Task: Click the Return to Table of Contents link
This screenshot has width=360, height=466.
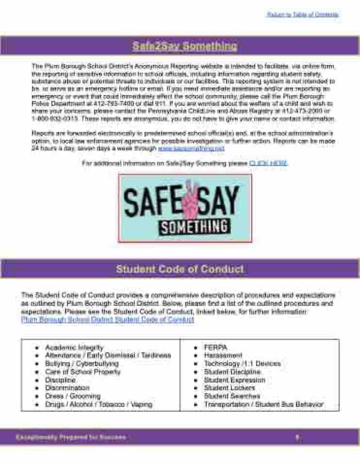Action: (x=302, y=15)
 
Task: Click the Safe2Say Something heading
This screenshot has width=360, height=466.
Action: (x=184, y=46)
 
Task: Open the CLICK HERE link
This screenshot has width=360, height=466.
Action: (x=268, y=164)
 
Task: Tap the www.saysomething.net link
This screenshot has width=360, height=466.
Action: (x=192, y=148)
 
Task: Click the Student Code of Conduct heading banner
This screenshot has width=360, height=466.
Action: (x=180, y=269)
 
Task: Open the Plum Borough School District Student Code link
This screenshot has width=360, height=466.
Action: (x=108, y=319)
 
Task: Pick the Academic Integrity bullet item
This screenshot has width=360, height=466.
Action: (x=74, y=348)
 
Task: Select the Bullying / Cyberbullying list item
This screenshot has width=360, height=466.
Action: (x=82, y=364)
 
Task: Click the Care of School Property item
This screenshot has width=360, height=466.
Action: (x=82, y=372)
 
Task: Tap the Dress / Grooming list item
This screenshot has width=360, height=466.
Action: (x=73, y=396)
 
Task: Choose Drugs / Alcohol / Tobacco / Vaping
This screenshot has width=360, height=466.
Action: (x=98, y=404)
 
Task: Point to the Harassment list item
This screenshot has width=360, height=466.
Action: (x=223, y=355)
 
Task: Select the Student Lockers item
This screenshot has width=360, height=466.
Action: (x=229, y=388)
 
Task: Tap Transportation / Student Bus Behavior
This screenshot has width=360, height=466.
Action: (x=263, y=404)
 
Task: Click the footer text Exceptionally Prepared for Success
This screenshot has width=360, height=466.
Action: (x=70, y=437)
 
